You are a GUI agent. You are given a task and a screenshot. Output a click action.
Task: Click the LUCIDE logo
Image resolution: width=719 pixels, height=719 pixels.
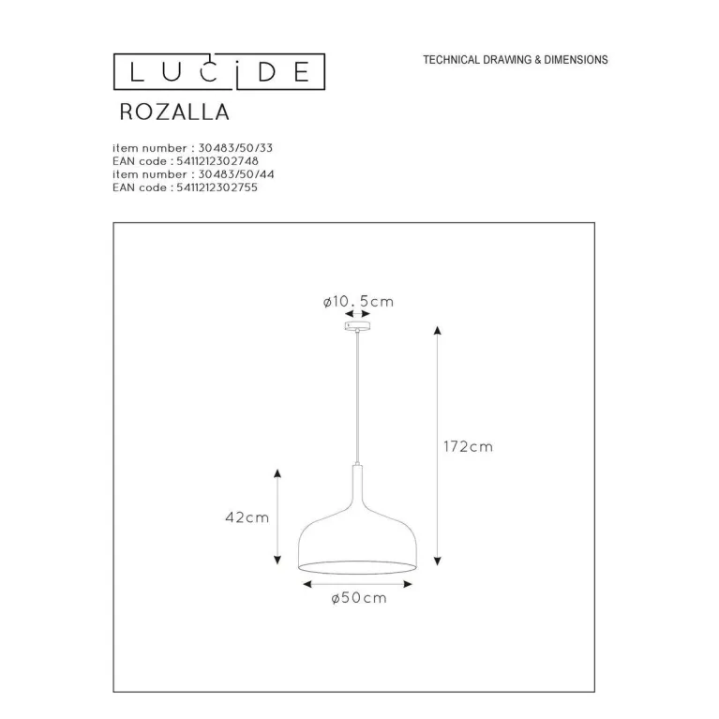coord(219,71)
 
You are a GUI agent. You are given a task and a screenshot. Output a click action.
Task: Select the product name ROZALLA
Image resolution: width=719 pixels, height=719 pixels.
coord(174,112)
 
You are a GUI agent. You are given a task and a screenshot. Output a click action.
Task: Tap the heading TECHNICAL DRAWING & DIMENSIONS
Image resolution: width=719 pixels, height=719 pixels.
coord(516,60)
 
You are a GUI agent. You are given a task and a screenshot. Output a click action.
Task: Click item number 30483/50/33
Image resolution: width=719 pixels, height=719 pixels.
coord(192,148)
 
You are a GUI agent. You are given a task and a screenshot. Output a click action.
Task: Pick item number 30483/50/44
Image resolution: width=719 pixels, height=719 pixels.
coord(193,174)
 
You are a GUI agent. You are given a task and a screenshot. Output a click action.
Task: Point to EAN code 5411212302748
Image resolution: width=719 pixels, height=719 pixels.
coord(186,161)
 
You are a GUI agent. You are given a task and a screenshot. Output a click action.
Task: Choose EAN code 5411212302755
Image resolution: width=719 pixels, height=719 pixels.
coord(185,187)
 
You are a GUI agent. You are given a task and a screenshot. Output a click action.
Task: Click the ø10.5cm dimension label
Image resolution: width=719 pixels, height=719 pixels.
coord(358,301)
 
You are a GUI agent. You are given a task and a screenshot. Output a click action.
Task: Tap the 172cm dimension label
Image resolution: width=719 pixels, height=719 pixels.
coord(468,446)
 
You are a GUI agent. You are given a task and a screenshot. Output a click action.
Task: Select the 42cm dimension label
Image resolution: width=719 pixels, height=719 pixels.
coord(247,517)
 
